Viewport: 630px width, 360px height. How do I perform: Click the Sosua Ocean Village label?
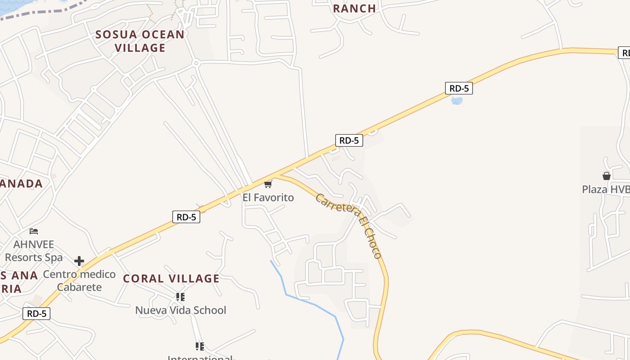pyautogui.click(x=140, y=41)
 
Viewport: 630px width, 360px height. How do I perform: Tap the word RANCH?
pyautogui.click(x=354, y=9)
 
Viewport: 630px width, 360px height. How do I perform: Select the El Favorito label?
pyautogui.click(x=268, y=198)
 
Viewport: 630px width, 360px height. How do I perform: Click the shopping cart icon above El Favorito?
pyautogui.click(x=268, y=184)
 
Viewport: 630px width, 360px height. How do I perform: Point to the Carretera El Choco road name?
pyautogui.click(x=349, y=225)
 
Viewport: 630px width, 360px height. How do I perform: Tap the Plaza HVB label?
pyautogui.click(x=605, y=189)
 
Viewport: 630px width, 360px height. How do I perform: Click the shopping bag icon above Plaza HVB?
pyautogui.click(x=607, y=176)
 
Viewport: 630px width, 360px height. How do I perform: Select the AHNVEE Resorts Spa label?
pyautogui.click(x=34, y=251)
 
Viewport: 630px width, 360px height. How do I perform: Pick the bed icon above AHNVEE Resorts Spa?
pyautogui.click(x=34, y=231)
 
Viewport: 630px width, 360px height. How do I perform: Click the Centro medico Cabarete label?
pyautogui.click(x=79, y=281)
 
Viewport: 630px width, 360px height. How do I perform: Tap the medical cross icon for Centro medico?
pyautogui.click(x=79, y=261)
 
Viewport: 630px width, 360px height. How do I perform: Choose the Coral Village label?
pyautogui.click(x=171, y=279)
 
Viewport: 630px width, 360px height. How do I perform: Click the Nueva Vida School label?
pyautogui.click(x=180, y=310)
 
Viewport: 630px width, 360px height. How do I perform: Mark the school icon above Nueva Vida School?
pyautogui.click(x=180, y=297)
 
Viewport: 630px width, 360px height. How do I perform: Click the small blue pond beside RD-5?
pyautogui.click(x=456, y=101)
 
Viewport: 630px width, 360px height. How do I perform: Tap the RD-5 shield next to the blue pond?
pyautogui.click(x=459, y=88)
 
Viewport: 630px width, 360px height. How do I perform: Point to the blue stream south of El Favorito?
pyautogui.click(x=310, y=303)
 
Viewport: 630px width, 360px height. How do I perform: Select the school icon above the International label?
pyautogui.click(x=200, y=346)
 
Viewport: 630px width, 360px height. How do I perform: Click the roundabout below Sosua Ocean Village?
pyautogui.click(x=196, y=63)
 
